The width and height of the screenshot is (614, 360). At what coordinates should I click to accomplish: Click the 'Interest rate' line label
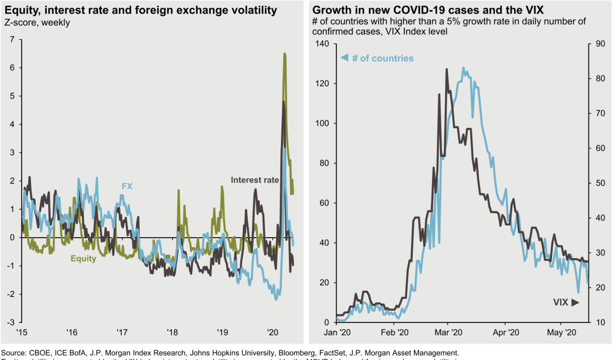[255, 180]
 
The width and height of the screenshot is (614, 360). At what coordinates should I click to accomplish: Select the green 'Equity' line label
[83, 259]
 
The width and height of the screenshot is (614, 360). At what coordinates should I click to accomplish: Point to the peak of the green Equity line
[284, 53]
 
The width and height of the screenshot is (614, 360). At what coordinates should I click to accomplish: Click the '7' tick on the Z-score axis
[12, 39]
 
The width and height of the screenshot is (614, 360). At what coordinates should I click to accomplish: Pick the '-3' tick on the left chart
[10, 322]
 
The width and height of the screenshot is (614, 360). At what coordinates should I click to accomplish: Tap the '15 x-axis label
[22, 332]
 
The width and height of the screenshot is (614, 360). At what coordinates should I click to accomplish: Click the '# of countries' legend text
[382, 59]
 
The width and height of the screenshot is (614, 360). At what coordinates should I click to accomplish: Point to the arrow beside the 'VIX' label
[575, 303]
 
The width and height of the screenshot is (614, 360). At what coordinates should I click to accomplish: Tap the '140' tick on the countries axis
[322, 44]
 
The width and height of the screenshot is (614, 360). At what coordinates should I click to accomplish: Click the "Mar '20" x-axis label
[448, 332]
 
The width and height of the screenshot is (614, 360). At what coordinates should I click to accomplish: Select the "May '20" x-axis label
[561, 332]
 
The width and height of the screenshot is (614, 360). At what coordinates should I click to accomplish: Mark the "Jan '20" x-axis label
[338, 332]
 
